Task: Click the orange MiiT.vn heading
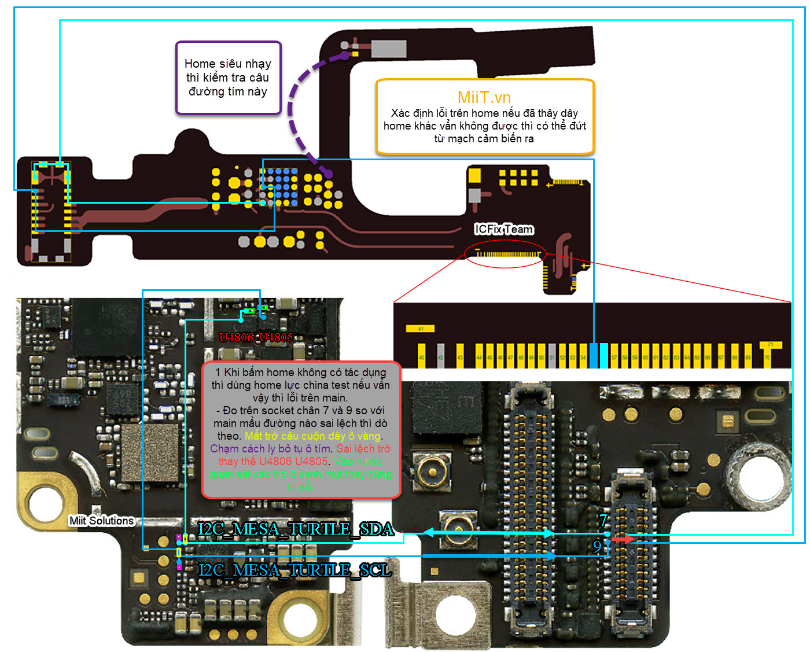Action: coord(484,97)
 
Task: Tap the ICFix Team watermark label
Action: coord(503,229)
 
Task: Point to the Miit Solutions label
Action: coord(101,521)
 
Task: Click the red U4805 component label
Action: coord(276,337)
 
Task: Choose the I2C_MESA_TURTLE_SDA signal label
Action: coord(296,529)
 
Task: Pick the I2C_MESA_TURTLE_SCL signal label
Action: coord(294,570)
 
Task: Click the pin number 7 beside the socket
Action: coord(603,521)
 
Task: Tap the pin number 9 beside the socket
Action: coord(597,546)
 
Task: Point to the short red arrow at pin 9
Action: coord(623,539)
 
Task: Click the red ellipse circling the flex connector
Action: coord(504,255)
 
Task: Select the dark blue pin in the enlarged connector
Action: coord(593,355)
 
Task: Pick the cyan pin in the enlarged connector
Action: coord(603,355)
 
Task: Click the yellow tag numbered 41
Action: coord(420,329)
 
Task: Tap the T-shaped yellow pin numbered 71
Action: coord(770,352)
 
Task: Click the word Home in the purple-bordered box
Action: coord(200,64)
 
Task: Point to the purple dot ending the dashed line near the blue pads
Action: coord(329,173)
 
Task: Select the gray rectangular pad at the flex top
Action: coord(388,49)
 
